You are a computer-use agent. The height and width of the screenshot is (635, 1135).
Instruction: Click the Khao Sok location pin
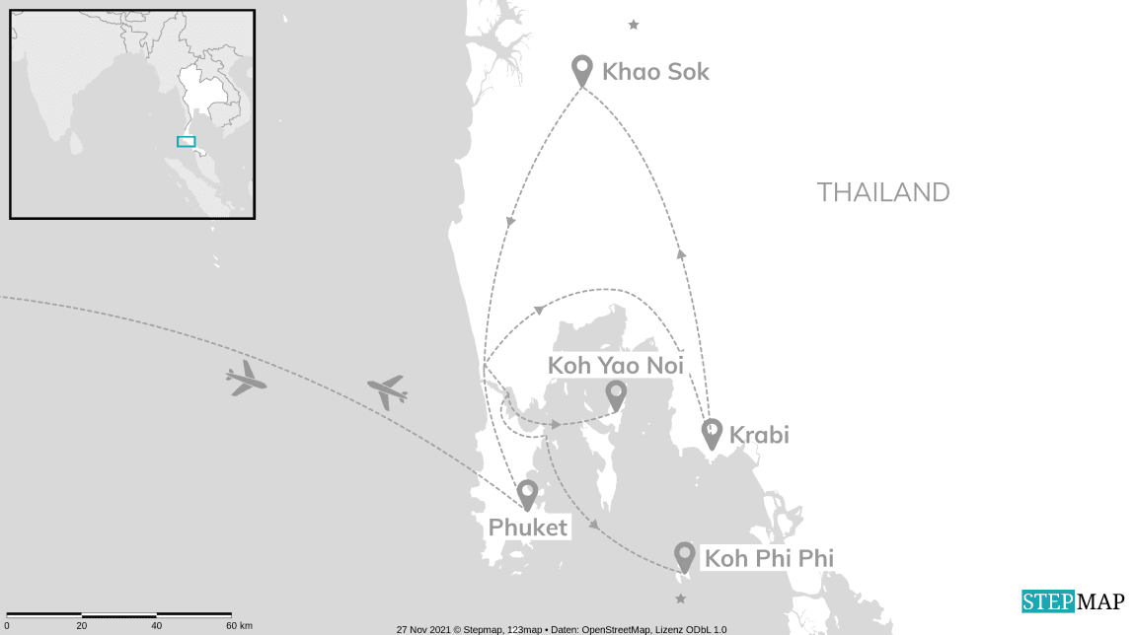point(582,70)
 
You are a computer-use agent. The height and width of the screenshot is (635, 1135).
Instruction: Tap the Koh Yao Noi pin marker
point(616,394)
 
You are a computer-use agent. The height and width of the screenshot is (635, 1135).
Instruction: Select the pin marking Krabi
point(712,433)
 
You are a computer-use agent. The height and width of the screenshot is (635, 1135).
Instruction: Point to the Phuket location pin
point(527,494)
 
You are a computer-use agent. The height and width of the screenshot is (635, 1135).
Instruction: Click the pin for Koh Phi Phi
point(684,556)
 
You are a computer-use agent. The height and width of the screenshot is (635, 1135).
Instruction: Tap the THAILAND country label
point(883,192)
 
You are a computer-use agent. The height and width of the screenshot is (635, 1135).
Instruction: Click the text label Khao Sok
point(655,72)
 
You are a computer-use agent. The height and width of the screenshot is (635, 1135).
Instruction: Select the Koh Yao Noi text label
point(616,366)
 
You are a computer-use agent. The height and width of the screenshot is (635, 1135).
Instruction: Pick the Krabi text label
point(759,434)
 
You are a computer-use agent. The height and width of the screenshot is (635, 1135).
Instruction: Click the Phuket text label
point(528,528)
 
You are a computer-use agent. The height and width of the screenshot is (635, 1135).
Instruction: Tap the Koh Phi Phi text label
point(769,559)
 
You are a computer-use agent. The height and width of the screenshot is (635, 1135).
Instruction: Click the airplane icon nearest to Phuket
point(387,391)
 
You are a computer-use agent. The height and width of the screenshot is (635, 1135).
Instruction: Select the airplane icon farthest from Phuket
point(246,378)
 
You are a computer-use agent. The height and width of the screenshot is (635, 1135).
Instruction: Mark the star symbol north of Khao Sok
point(634,25)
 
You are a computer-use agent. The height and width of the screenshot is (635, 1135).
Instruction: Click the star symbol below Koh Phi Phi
point(679,599)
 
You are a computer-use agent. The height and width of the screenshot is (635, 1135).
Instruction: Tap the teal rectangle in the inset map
point(187,142)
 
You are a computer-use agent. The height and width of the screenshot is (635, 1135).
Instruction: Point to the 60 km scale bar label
point(239,626)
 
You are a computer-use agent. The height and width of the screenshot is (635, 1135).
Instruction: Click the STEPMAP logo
point(1073,601)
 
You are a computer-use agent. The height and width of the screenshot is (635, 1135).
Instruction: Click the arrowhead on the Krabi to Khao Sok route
point(681,254)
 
